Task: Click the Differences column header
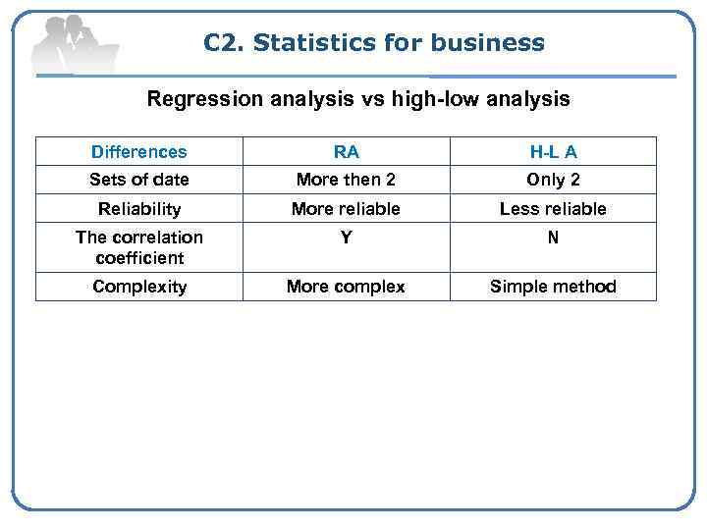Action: (138, 152)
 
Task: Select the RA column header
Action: (346, 152)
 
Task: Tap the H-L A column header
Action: (553, 152)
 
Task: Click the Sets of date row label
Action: (138, 180)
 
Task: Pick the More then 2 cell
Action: (346, 180)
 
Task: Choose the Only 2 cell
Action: (553, 180)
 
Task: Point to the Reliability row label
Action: (138, 209)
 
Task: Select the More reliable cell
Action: (346, 209)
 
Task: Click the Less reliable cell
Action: (553, 209)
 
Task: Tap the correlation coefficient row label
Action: (138, 247)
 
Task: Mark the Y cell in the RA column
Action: (346, 238)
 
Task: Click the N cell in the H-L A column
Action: (553, 238)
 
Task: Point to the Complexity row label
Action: (138, 287)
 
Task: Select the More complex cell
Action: (346, 287)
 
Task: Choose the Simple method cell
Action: (553, 287)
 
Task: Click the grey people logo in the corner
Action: (74, 44)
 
